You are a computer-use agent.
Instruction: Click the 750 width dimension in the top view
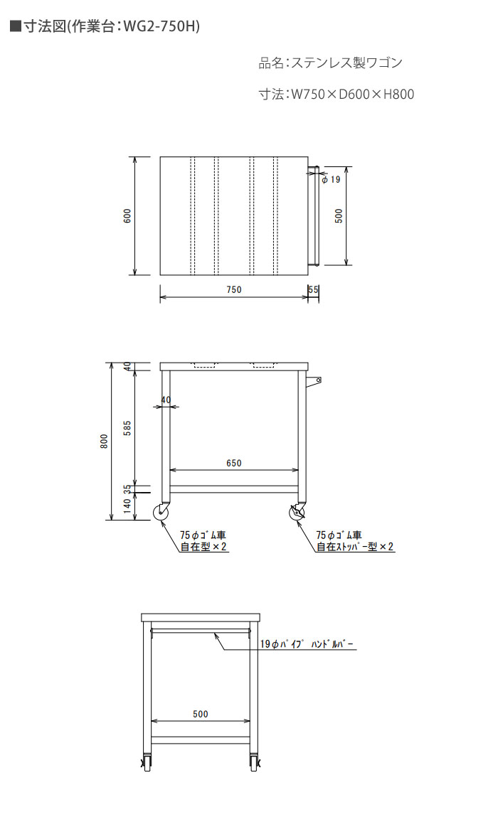click(234, 289)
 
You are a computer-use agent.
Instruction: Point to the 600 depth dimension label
click(127, 215)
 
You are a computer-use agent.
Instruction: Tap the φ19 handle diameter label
click(331, 179)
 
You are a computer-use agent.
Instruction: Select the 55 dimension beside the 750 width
click(313, 289)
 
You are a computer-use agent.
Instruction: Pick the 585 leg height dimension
click(127, 428)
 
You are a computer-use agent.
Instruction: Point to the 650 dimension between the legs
click(234, 463)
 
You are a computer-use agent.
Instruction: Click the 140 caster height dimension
click(127, 506)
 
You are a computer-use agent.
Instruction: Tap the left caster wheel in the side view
click(161, 513)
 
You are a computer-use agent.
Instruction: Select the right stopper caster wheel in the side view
click(297, 513)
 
